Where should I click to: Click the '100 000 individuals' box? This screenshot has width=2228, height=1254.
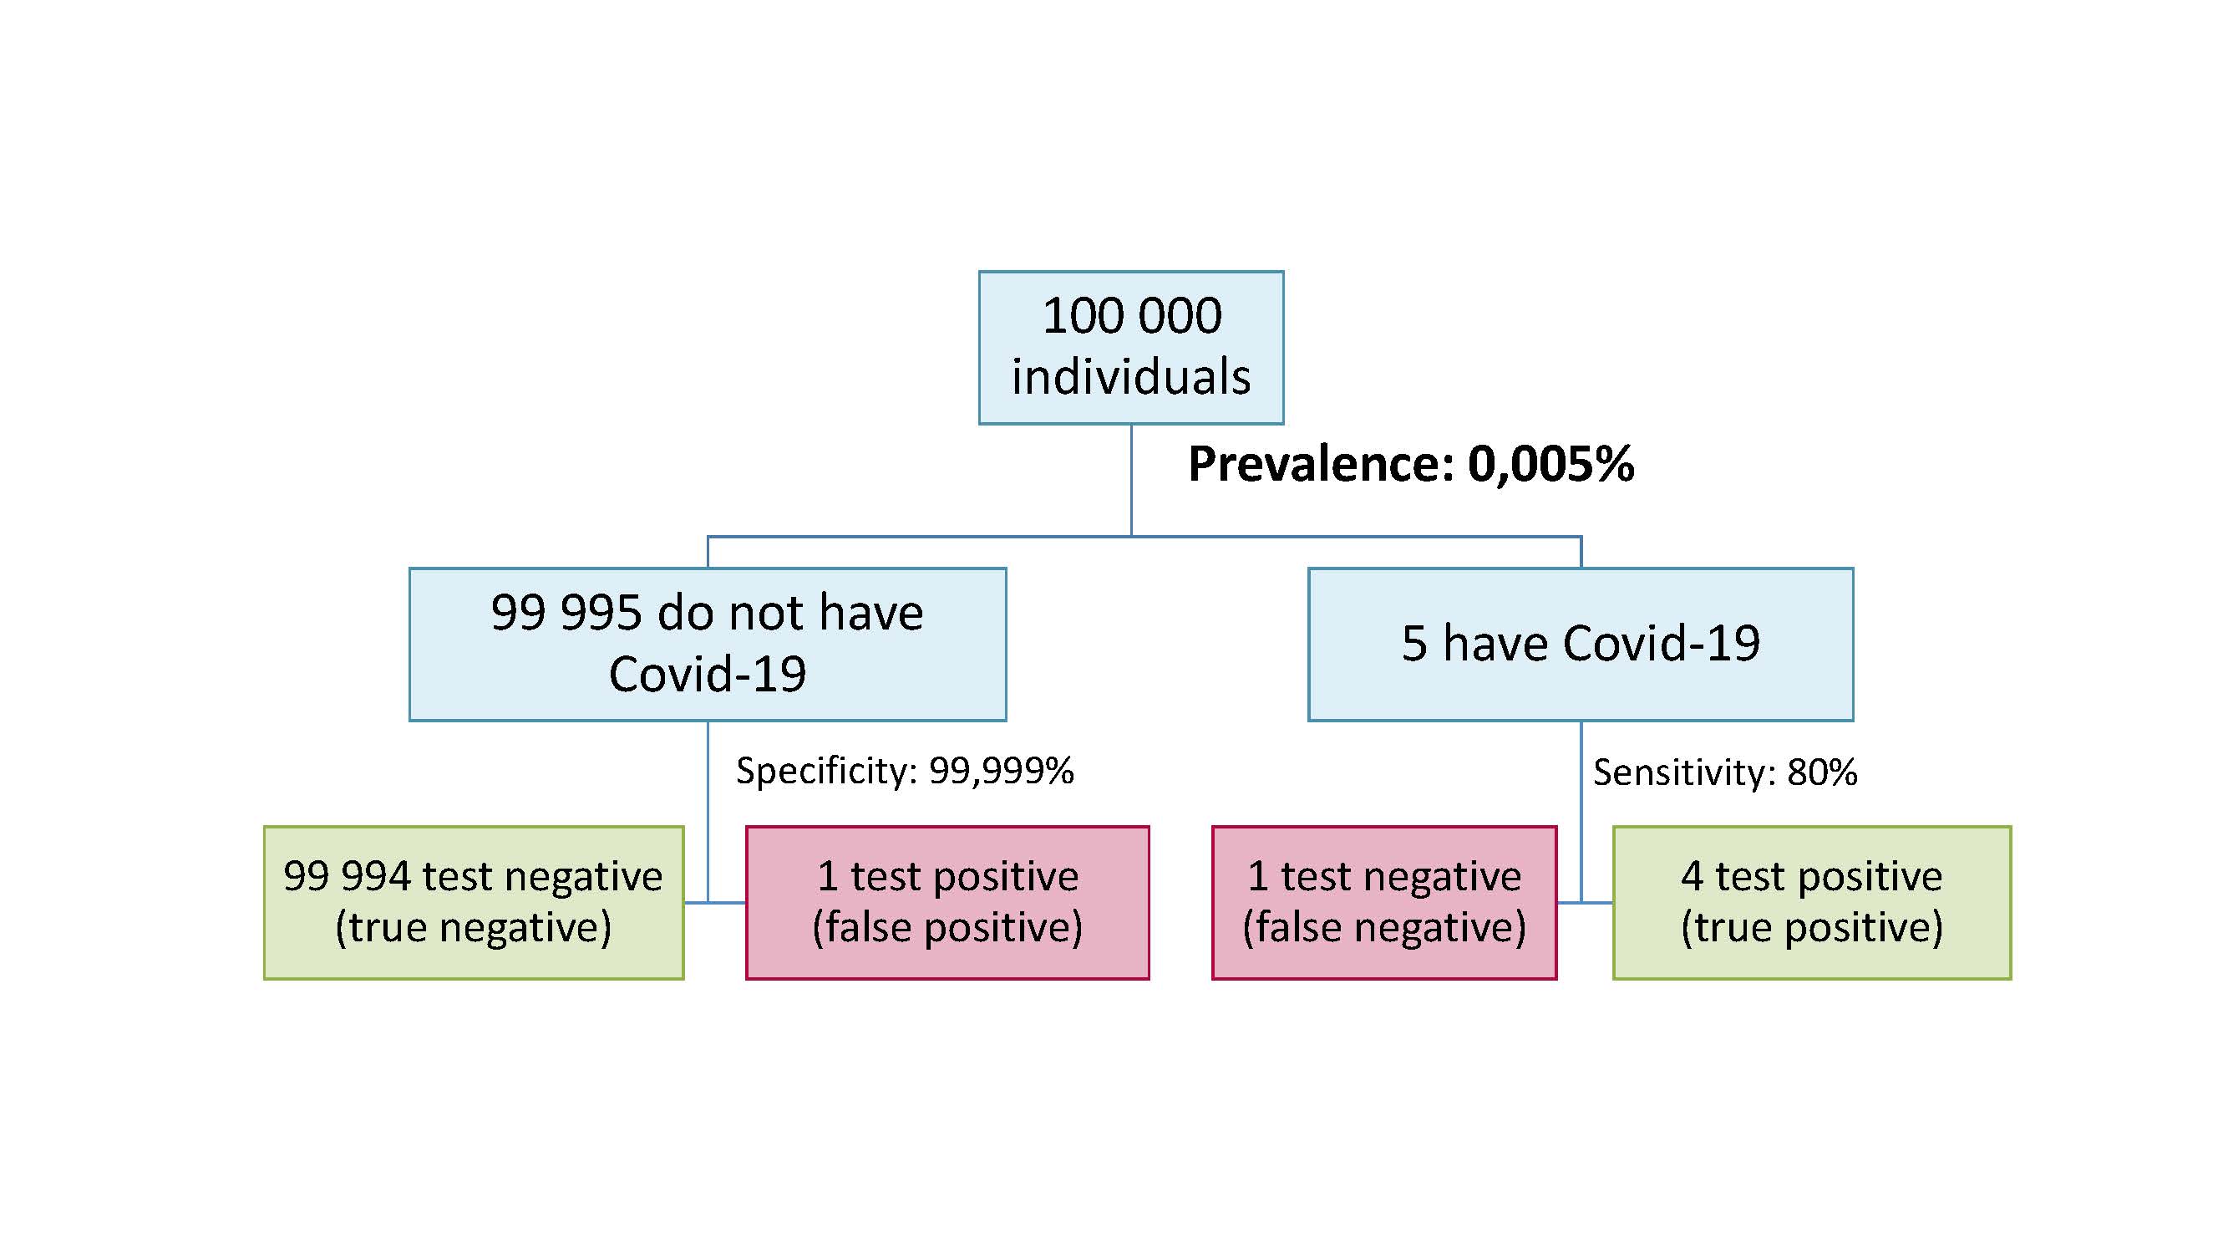(1130, 347)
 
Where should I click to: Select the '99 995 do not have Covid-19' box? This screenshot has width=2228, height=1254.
(708, 644)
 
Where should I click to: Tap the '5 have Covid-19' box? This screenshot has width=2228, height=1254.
(1581, 644)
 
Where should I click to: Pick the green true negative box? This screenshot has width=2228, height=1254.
(474, 903)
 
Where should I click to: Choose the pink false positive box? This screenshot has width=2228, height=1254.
(947, 903)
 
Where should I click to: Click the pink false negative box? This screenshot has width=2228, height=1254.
(1384, 903)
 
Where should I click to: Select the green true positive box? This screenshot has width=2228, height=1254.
(1812, 903)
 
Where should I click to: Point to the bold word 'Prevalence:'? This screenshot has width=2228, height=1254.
(1321, 464)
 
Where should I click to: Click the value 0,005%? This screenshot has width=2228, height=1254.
(1550, 465)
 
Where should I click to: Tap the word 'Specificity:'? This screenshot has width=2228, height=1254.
(826, 771)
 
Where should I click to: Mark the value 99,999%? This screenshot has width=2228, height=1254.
(1002, 771)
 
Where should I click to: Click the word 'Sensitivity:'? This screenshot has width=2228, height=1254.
(1683, 772)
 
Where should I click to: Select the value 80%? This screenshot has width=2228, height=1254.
(1822, 772)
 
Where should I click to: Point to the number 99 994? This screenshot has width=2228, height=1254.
(347, 876)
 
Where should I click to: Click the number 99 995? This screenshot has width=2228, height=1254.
(567, 613)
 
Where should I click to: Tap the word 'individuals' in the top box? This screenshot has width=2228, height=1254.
(1131, 377)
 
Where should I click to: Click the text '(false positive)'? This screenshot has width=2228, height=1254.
(947, 928)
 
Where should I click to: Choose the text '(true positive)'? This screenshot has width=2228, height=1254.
(1812, 928)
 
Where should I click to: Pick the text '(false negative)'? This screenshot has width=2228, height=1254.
(1384, 928)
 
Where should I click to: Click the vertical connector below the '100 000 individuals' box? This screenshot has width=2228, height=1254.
(1131, 481)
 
